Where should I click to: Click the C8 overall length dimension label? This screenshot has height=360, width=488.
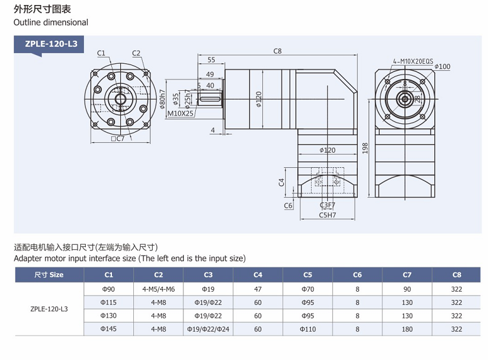point(278,51)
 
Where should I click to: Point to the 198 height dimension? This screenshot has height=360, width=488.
point(364,147)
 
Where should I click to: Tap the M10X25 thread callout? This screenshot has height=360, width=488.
point(180,113)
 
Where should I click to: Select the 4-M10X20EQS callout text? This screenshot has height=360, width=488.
point(413,61)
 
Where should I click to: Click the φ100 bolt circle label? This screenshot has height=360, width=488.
point(442,66)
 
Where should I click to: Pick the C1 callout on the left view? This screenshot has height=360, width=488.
point(101,53)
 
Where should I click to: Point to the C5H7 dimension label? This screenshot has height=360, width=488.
point(327,215)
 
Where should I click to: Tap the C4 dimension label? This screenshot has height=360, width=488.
point(282,182)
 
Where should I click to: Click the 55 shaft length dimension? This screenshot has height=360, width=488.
point(211,60)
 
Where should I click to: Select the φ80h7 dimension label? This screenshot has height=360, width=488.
point(162,100)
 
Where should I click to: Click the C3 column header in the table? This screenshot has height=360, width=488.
point(208,275)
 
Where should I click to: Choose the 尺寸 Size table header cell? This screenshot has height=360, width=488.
point(49,275)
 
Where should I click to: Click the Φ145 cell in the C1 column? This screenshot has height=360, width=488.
point(108,329)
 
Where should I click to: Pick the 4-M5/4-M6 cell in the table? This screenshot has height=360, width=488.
point(158,289)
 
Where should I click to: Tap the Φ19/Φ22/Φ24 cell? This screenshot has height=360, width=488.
point(208,329)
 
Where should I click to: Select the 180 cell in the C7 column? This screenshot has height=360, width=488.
point(407,329)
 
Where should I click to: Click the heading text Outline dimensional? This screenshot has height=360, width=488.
point(51,23)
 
